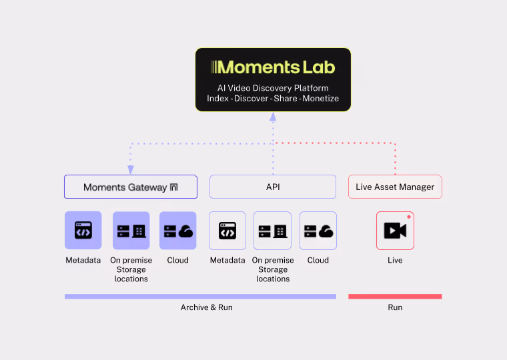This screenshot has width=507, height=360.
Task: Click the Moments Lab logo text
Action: click(273, 67)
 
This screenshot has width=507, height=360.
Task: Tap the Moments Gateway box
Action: click(131, 187)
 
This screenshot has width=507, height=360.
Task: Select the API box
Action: click(273, 187)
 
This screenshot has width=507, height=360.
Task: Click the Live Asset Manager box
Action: click(395, 187)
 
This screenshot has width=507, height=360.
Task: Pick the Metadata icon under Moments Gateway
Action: click(83, 231)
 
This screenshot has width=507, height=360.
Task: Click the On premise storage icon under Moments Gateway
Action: click(131, 231)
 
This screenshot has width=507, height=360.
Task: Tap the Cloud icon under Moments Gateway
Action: click(178, 231)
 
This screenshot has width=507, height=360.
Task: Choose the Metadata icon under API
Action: click(227, 231)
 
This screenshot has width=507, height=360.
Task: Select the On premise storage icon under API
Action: click(273, 231)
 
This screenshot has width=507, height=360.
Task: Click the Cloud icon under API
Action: click(318, 231)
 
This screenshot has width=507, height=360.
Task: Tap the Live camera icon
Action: click(395, 231)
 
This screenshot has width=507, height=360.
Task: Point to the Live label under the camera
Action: click(395, 260)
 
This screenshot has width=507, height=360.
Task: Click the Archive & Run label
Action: click(207, 307)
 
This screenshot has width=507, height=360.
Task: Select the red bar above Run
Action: click(395, 296)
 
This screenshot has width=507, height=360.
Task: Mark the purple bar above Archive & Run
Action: click(200, 296)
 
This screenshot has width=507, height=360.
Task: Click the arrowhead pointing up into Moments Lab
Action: click(273, 117)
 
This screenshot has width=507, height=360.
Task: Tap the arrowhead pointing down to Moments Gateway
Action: click(131, 169)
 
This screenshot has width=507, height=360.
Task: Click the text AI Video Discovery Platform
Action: click(273, 88)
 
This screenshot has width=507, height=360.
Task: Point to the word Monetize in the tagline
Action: click(320, 99)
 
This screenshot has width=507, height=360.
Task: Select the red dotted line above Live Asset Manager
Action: click(396, 160)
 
